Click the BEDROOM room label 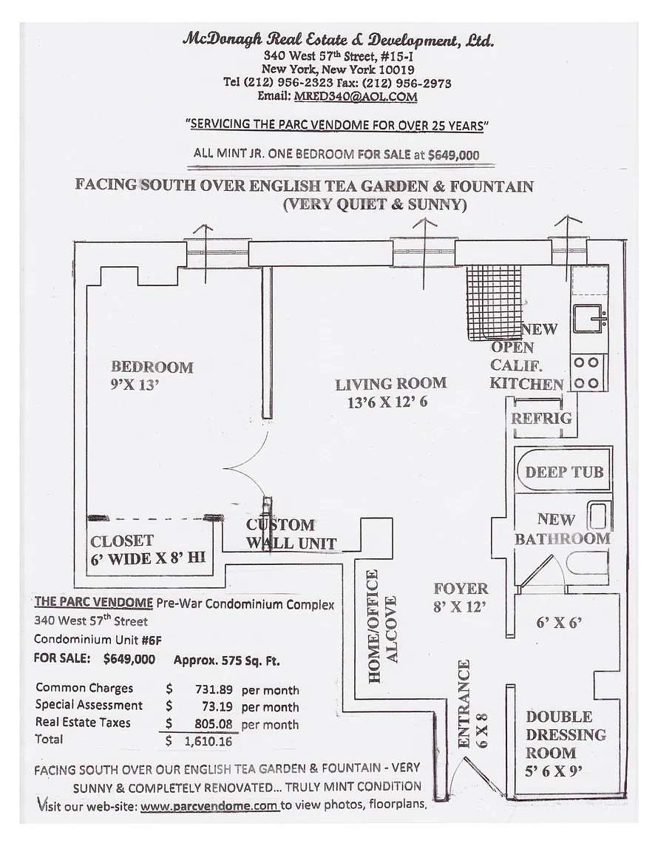click(152, 367)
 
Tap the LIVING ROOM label click(390, 384)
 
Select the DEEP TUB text click(564, 472)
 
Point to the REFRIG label click(541, 419)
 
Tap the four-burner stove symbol click(588, 373)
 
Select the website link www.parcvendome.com click(209, 805)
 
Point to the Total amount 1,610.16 click(208, 740)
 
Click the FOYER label click(461, 589)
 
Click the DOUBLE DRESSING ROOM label click(565, 734)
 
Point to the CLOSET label click(122, 541)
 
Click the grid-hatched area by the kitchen click(492, 300)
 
